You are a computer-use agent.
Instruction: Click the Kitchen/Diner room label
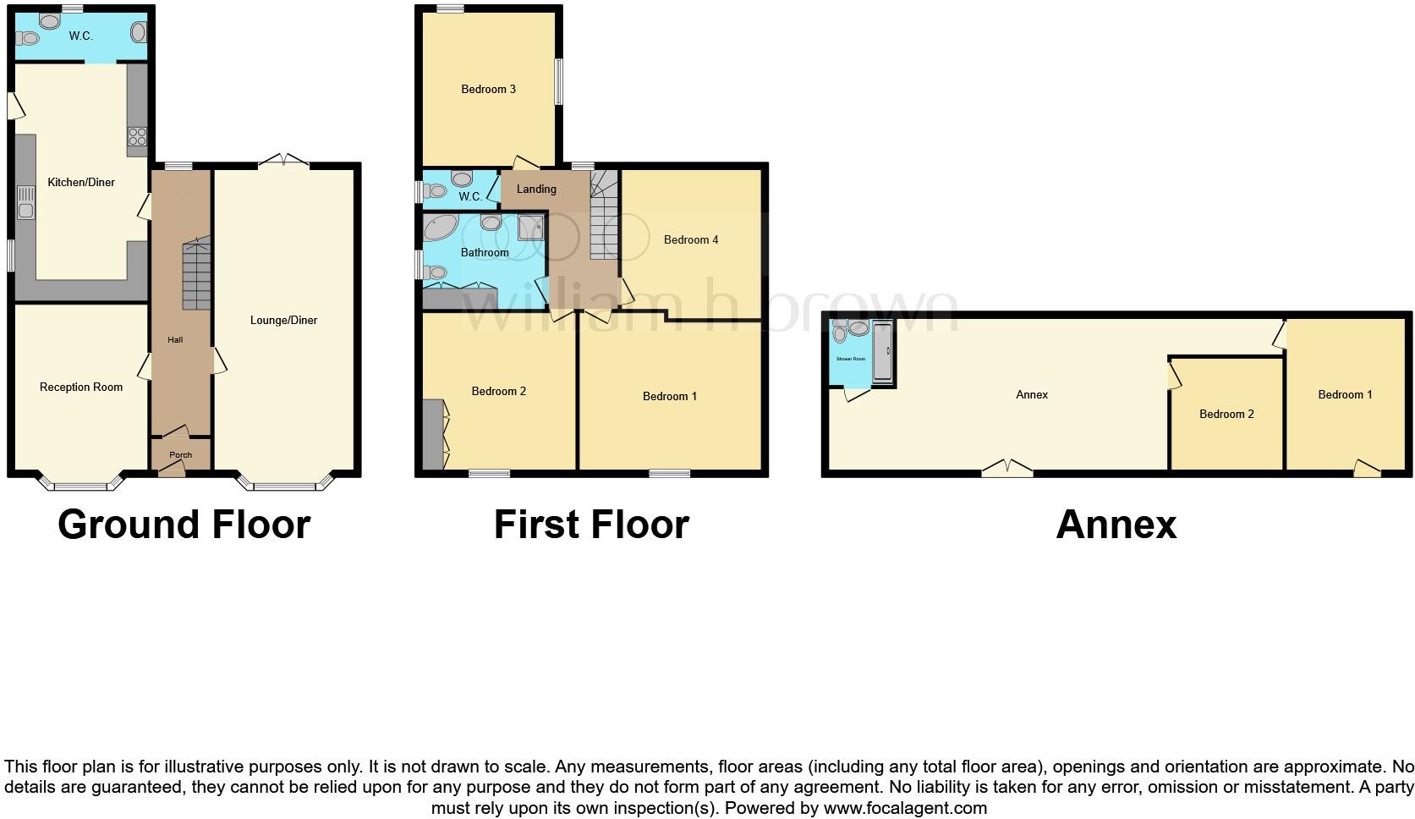pyautogui.click(x=81, y=182)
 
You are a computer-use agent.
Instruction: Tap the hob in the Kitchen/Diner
pyautogui.click(x=137, y=136)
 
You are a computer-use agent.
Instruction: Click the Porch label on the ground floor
pyautogui.click(x=180, y=455)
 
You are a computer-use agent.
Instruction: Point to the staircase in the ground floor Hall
pyautogui.click(x=196, y=275)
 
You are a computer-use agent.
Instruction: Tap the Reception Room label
pyautogui.click(x=81, y=388)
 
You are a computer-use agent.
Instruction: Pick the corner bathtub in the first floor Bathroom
pyautogui.click(x=441, y=228)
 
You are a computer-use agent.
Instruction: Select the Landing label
pyautogui.click(x=536, y=189)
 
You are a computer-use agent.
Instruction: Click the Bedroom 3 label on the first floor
pyautogui.click(x=488, y=89)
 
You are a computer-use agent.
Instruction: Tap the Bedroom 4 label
pyautogui.click(x=691, y=239)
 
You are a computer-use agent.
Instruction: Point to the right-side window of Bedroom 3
pyautogui.click(x=558, y=81)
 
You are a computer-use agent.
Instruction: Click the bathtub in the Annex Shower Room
pyautogui.click(x=882, y=352)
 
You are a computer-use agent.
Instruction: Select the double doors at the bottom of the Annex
pyautogui.click(x=1007, y=468)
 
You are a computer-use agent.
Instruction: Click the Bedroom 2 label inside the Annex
pyautogui.click(x=1226, y=414)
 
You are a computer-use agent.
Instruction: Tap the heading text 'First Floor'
pyautogui.click(x=591, y=525)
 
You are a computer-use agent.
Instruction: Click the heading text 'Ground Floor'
pyautogui.click(x=184, y=525)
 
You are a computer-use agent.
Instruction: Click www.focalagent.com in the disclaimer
pyautogui.click(x=905, y=808)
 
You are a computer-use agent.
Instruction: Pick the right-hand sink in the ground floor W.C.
pyautogui.click(x=139, y=33)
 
